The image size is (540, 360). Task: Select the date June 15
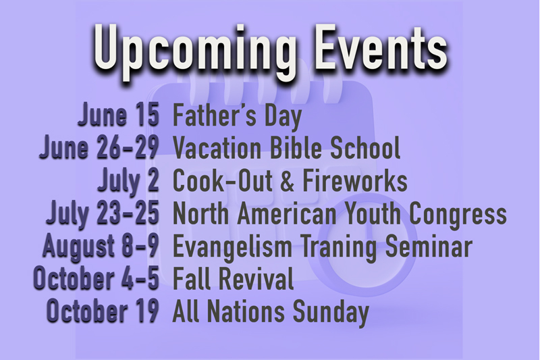pyautogui.click(x=119, y=114)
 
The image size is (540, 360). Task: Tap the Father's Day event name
pyautogui.click(x=237, y=116)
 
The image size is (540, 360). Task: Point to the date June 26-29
pyautogui.click(x=99, y=147)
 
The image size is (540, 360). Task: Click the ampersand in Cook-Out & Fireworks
pyautogui.click(x=287, y=180)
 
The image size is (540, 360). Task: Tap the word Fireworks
pyautogui.click(x=355, y=180)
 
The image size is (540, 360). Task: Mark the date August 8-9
pyautogui.click(x=101, y=247)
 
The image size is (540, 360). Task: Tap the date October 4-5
pyautogui.click(x=97, y=278)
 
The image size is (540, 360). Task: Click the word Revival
pyautogui.click(x=256, y=278)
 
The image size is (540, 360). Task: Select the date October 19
pyautogui.click(x=103, y=311)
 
